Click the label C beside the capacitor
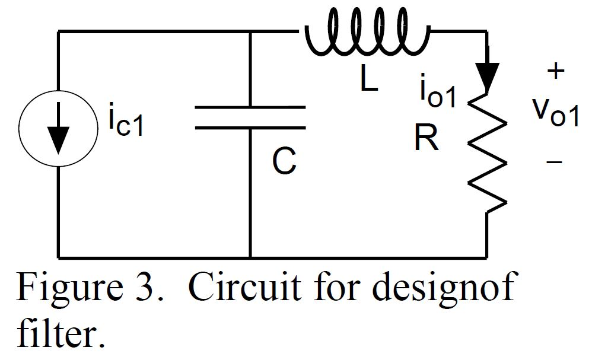(284, 161)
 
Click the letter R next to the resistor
(427, 139)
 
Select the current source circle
(58, 127)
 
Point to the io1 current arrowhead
(488, 77)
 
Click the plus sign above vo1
(555, 72)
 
